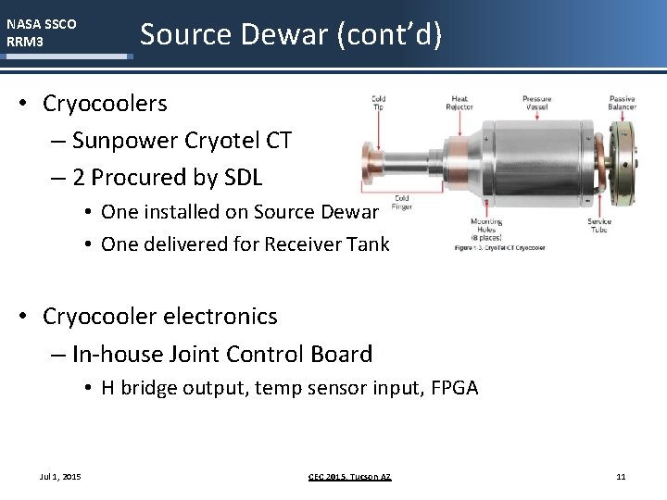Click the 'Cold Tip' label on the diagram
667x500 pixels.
379,103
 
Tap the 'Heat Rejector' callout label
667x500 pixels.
459,103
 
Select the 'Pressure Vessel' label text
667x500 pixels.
536,103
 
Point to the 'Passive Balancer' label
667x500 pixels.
623,103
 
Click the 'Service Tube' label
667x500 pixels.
599,226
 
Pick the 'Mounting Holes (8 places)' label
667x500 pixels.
486,230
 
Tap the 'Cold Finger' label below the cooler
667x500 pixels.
401,203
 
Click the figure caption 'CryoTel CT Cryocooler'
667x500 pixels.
500,248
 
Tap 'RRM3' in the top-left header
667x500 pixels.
25,42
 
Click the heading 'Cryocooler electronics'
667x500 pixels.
160,317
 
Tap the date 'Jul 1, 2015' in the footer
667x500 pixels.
60,476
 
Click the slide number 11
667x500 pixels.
621,476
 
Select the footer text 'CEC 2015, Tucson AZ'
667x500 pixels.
349,476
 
